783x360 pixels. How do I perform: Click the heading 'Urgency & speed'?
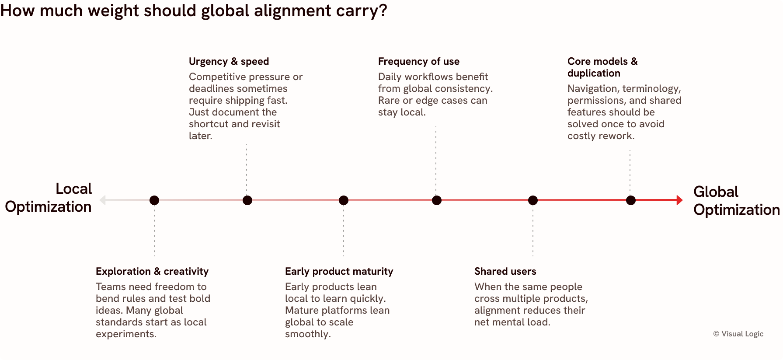tap(229, 61)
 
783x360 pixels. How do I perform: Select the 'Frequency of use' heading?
tap(419, 61)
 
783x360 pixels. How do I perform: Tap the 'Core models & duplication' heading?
tap(602, 67)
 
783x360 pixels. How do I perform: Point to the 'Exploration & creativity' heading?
tap(152, 271)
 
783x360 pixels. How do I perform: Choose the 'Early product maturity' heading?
tap(339, 271)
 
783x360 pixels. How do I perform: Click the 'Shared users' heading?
tap(505, 271)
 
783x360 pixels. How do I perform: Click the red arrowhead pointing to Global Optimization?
tap(679, 200)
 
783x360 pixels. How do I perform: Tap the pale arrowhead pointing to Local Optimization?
tap(103, 200)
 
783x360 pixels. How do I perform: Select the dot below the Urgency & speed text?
tap(247, 200)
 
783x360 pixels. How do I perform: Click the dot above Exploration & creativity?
tap(154, 200)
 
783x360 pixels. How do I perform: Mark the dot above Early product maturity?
tap(344, 200)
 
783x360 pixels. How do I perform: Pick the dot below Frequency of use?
tap(437, 200)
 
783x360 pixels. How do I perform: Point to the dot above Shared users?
tap(533, 200)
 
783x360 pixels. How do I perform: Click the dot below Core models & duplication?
tap(631, 200)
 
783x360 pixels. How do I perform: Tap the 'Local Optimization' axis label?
tap(49, 198)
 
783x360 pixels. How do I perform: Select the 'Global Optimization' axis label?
tap(737, 201)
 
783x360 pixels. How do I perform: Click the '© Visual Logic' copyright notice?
tap(738, 334)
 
